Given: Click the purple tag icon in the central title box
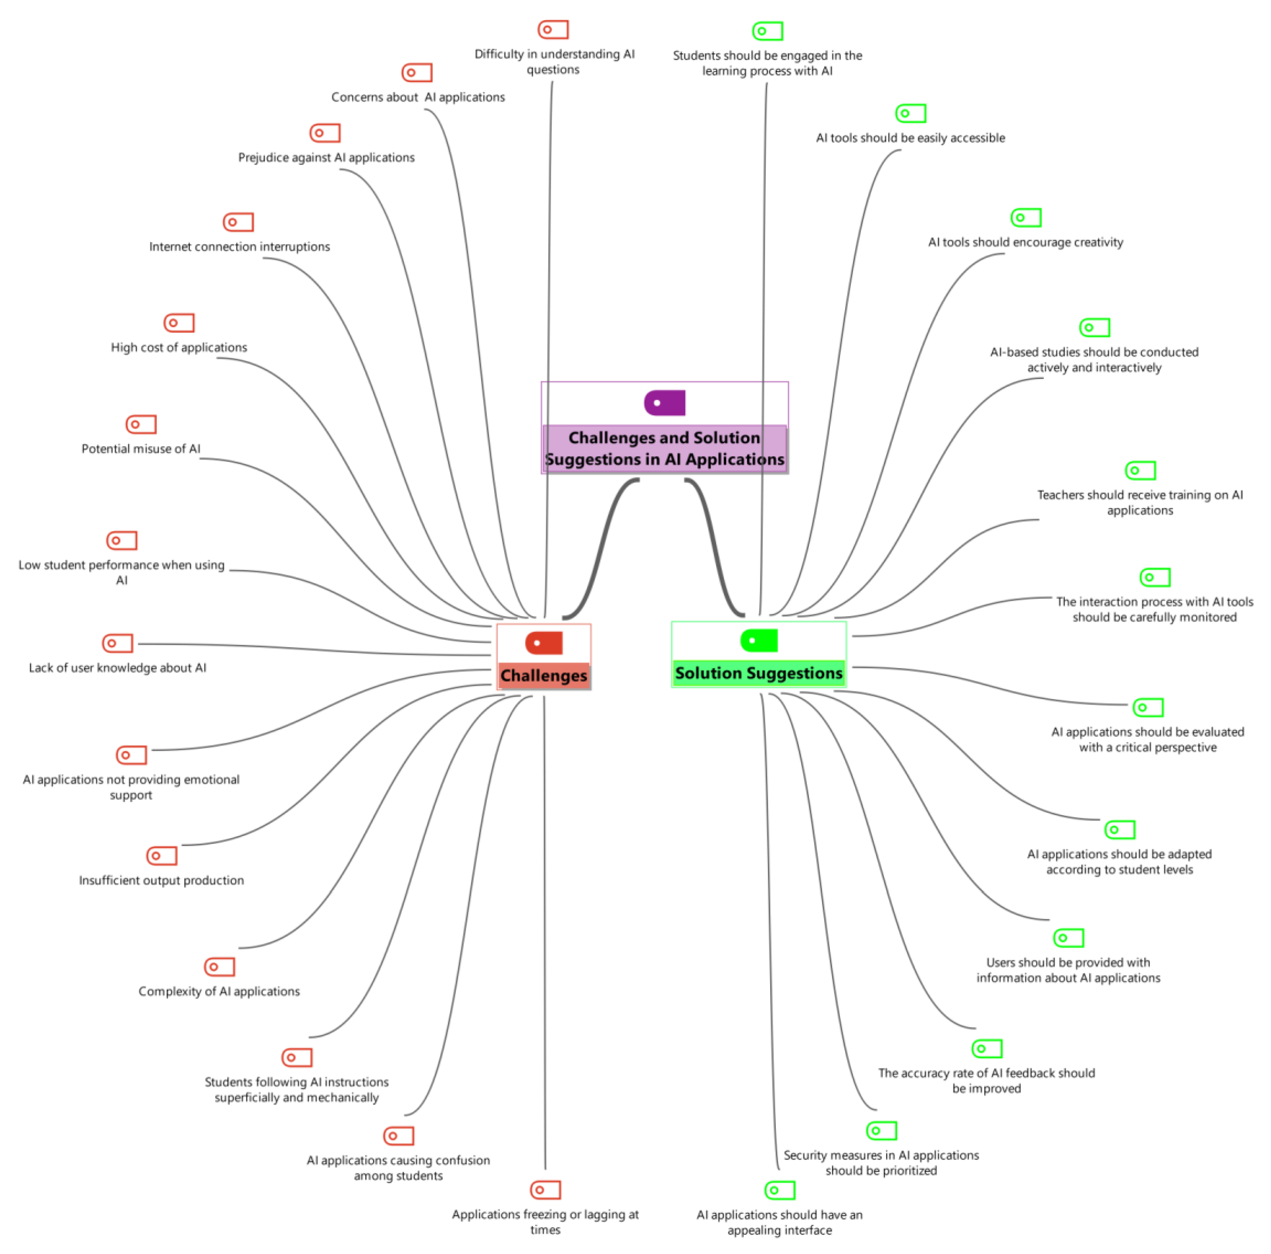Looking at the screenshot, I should tap(664, 403).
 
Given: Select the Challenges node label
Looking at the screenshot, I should tap(543, 676).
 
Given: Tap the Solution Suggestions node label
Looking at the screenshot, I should tap(758, 673).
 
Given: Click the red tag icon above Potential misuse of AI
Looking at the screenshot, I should tap(141, 424).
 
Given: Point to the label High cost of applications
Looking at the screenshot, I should tap(179, 347).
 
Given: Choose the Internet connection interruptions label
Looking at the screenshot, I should tap(239, 247).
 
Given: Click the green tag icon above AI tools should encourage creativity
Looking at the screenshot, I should tap(1026, 217).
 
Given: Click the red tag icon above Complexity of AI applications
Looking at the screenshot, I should tap(219, 967).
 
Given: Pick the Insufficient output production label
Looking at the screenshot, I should tap(161, 880).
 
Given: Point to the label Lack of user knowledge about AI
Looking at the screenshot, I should tap(117, 668).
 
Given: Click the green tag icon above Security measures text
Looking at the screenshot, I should tap(882, 1130).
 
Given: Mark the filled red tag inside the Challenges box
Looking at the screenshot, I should tap(543, 643).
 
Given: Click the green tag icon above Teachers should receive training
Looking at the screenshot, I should tap(1140, 471).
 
